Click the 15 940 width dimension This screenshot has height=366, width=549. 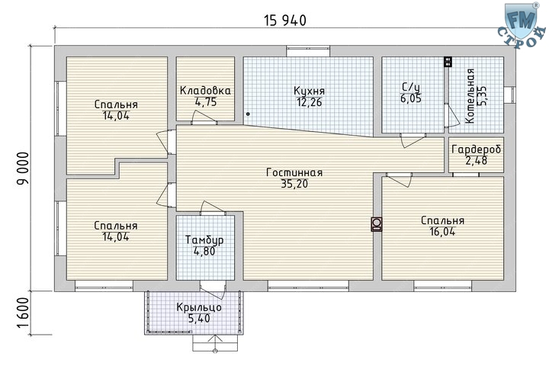[285, 21]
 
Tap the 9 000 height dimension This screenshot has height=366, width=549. [23, 169]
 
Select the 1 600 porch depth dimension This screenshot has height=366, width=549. [23, 313]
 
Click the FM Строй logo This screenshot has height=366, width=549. [522, 25]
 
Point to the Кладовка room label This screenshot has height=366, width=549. [205, 91]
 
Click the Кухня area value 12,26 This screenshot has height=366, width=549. [309, 102]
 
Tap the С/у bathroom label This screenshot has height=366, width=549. [411, 87]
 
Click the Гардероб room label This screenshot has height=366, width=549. [476, 149]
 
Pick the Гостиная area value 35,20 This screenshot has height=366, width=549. [294, 184]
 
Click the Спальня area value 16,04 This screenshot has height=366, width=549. [442, 232]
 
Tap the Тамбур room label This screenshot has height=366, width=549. [204, 240]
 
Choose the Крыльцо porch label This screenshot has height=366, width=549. [199, 307]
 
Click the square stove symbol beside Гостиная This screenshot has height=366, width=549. [377, 224]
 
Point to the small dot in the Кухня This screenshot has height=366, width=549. [248, 114]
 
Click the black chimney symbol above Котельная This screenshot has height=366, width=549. [448, 61]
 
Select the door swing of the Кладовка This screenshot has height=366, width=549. [204, 117]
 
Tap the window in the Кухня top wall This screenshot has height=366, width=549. [308, 51]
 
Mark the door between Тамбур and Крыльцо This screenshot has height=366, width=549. [213, 289]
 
